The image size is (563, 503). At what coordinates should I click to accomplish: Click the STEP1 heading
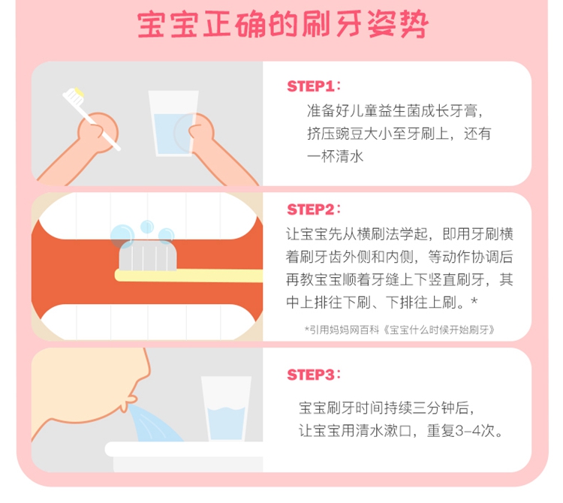pyautogui.click(x=314, y=86)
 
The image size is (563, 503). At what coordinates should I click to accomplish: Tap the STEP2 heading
pyautogui.click(x=314, y=209)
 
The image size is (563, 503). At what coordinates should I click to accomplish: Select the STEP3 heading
pyautogui.click(x=314, y=375)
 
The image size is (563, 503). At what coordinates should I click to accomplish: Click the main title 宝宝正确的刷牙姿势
pyautogui.click(x=282, y=25)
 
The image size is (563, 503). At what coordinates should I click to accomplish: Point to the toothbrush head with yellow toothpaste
pyautogui.click(x=74, y=96)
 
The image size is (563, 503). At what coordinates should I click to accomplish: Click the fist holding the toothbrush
pyautogui.click(x=98, y=132)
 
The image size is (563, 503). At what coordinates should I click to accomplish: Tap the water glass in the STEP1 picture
pyautogui.click(x=173, y=123)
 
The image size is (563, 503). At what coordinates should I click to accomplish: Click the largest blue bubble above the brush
pyautogui.click(x=122, y=236)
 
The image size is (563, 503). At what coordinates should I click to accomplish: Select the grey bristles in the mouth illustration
pyautogui.click(x=148, y=255)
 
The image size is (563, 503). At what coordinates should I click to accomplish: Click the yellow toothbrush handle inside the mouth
pyautogui.click(x=188, y=276)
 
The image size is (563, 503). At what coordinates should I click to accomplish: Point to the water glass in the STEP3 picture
pyautogui.click(x=226, y=408)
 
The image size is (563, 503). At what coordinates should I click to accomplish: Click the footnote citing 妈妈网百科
pyautogui.click(x=399, y=330)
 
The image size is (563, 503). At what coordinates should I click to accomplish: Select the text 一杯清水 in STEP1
pyautogui.click(x=335, y=157)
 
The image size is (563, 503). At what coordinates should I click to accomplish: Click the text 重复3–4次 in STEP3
pyautogui.click(x=461, y=430)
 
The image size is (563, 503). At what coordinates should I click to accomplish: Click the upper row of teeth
pyautogui.click(x=148, y=215)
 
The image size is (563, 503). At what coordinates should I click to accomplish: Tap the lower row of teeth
pyautogui.click(x=148, y=321)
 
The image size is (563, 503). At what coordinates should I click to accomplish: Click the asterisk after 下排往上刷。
pyautogui.click(x=474, y=300)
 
